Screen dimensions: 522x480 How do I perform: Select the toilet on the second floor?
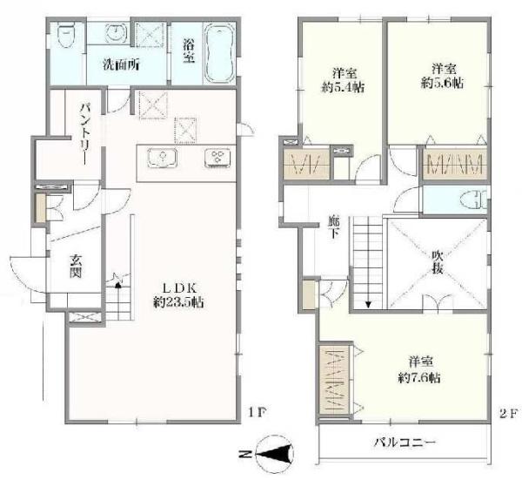[472, 199]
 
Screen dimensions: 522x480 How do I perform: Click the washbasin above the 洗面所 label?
[117, 33]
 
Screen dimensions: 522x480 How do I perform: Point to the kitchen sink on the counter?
[163, 158]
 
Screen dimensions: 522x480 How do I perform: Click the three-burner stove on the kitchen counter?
[217, 158]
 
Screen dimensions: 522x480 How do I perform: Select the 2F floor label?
[509, 414]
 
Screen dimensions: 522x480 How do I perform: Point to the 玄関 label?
[76, 266]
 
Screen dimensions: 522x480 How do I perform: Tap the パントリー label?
[85, 134]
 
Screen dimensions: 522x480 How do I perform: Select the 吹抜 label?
[438, 261]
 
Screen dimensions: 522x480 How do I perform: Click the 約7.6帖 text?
[419, 378]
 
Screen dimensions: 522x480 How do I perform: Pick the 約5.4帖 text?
[343, 87]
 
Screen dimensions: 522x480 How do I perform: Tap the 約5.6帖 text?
[442, 84]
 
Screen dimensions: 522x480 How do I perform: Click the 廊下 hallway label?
[333, 226]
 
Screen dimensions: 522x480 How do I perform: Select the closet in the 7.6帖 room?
[335, 379]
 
